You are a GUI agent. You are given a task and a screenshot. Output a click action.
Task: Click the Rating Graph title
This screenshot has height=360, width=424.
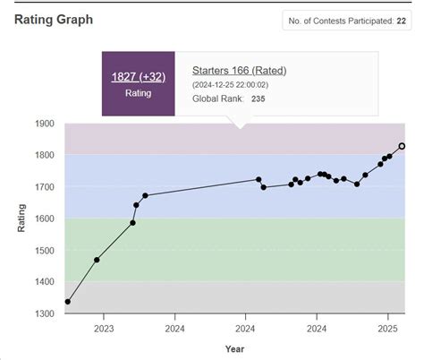pos(53,20)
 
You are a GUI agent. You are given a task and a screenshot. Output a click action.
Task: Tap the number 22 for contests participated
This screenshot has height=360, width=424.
pos(402,21)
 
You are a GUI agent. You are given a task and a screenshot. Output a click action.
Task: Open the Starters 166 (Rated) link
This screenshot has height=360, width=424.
pos(240,70)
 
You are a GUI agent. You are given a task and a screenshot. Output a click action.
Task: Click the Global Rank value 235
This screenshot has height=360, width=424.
pos(259,99)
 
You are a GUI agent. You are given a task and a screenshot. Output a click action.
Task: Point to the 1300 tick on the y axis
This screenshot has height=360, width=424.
pos(45,313)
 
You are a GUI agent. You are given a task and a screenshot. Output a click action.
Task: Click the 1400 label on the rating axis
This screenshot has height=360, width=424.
pos(45,281)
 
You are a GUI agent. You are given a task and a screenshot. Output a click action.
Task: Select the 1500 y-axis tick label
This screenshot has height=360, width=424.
pos(45,250)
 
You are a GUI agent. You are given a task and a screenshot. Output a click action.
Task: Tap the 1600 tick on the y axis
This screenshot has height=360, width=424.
pos(45,219)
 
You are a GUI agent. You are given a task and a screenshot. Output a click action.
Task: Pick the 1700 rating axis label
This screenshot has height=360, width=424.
pos(45,187)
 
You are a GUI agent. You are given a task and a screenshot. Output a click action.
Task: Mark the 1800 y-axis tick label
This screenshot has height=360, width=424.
pos(45,155)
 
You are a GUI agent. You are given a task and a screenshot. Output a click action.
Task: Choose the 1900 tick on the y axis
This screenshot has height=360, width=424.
pos(45,124)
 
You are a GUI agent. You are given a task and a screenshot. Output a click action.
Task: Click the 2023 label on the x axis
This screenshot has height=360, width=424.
pos(102,328)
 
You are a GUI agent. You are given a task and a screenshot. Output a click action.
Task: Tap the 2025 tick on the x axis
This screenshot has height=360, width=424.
pos(386,328)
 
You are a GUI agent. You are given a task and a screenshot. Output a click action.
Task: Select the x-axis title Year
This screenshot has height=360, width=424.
pos(234,348)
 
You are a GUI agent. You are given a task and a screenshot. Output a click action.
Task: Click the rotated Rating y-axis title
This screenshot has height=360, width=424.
pos(21,219)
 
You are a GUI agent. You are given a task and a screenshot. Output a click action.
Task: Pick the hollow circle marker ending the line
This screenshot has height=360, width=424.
pos(402,146)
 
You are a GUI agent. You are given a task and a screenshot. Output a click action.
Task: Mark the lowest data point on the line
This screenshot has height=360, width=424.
pos(68,302)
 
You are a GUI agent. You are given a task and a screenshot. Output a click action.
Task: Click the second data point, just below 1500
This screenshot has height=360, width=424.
pos(97,260)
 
